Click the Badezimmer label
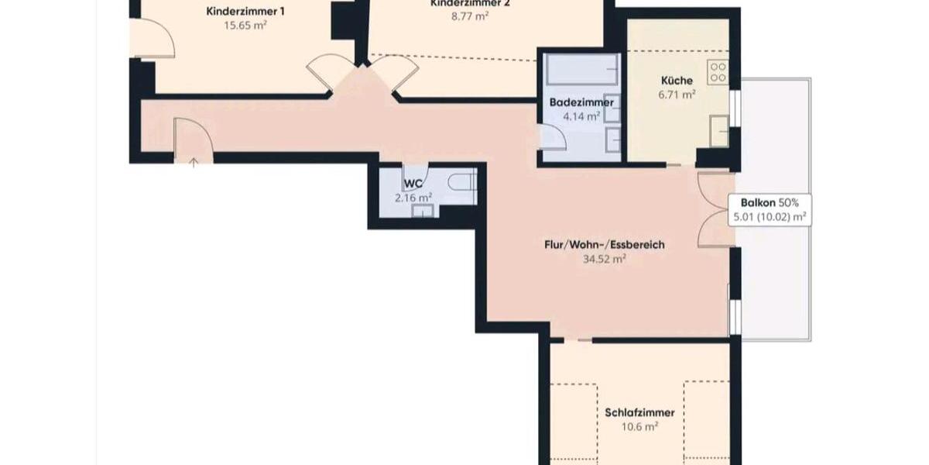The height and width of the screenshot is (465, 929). click(x=581, y=102)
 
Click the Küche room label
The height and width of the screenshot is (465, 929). click(x=677, y=81)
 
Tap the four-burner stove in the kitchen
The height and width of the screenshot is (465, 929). click(x=718, y=72)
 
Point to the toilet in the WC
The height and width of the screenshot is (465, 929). click(x=461, y=184)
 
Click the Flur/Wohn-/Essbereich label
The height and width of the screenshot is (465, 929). click(x=604, y=245)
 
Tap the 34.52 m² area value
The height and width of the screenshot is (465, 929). click(x=604, y=260)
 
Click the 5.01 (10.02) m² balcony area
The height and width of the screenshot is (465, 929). click(x=770, y=216)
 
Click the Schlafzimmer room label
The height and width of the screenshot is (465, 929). click(x=639, y=412)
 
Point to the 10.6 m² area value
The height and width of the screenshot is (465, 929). click(x=639, y=426)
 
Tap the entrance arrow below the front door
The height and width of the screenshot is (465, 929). click(x=193, y=162)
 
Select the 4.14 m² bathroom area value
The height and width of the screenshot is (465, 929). click(x=581, y=116)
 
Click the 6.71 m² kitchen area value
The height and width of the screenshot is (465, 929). click(x=677, y=95)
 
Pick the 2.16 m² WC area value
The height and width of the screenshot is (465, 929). click(x=413, y=198)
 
